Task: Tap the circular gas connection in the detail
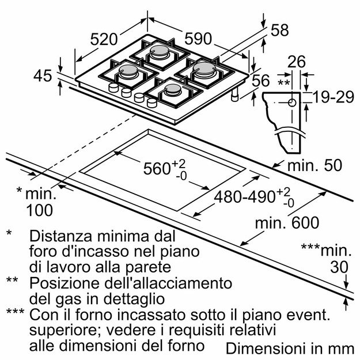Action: (x=291, y=103)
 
